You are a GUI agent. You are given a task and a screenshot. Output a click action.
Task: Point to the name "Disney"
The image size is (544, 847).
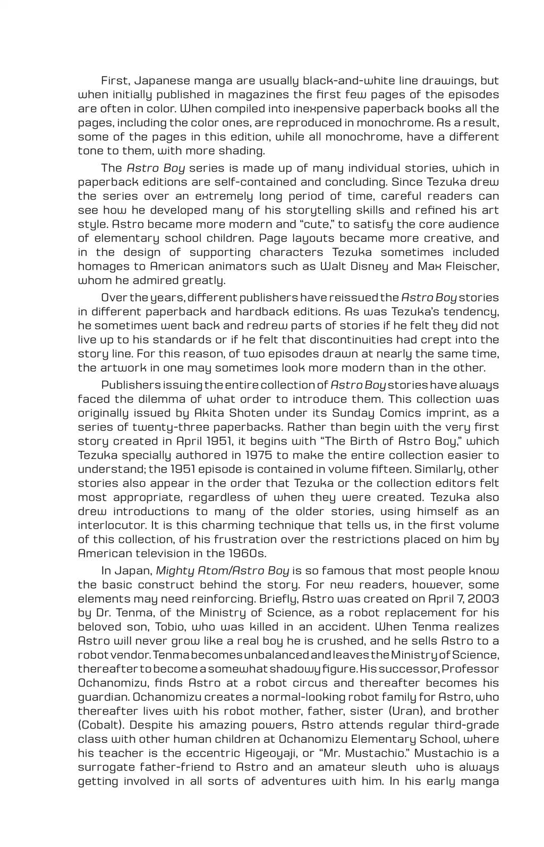(367, 266)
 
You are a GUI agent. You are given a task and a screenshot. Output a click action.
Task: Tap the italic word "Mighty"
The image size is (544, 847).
(176, 571)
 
